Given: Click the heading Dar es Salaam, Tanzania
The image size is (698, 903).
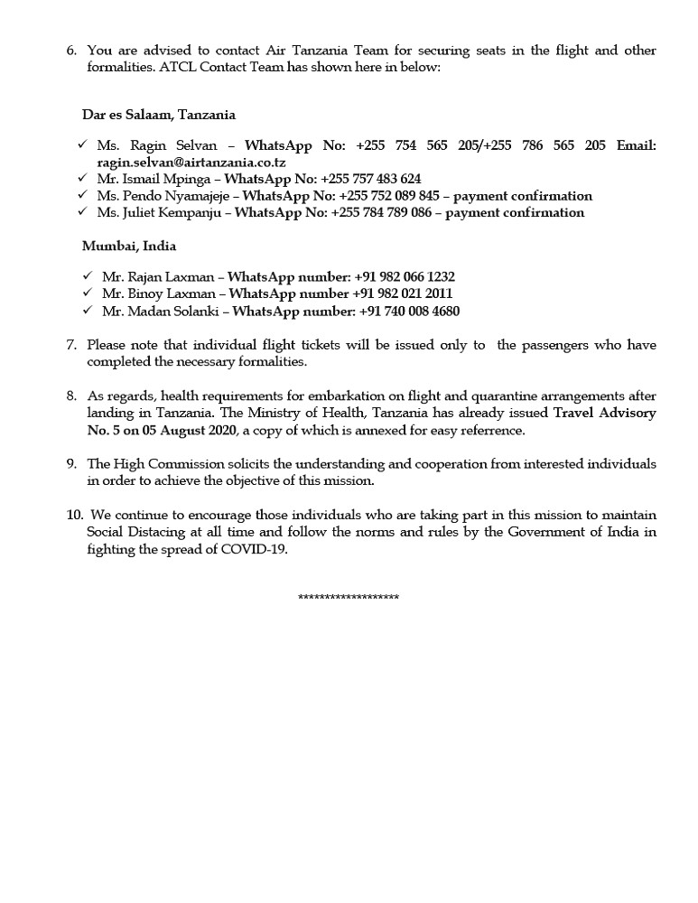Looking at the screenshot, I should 159,115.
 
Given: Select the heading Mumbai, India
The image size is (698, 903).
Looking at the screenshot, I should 129,246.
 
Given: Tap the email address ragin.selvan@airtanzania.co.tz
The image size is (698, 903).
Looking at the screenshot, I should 191,163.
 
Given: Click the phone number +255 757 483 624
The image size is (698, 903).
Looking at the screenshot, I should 370,179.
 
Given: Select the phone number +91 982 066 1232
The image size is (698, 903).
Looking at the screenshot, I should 405,277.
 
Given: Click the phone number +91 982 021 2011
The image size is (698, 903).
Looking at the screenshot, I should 403,294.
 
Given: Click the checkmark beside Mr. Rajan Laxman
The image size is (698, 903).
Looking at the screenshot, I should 88,276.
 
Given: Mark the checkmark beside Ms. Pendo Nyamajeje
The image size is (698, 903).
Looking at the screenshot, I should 82,195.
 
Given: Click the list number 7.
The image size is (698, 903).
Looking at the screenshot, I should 71,345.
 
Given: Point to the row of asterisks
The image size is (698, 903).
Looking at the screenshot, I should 349,598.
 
